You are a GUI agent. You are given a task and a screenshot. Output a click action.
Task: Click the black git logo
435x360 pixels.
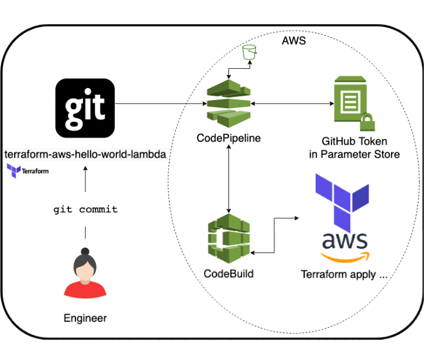click(85, 108)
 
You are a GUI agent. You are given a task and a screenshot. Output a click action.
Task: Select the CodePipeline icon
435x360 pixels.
click(228, 105)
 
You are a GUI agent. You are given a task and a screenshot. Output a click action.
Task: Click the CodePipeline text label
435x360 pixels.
click(229, 138)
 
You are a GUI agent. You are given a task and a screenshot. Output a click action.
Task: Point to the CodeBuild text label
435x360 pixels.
click(228, 274)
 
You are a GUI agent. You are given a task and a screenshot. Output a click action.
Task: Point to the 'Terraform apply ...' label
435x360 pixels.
click(344, 274)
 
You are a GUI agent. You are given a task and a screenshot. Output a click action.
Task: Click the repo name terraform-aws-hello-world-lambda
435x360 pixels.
click(85, 154)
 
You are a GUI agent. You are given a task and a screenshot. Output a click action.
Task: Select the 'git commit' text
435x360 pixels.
click(85, 209)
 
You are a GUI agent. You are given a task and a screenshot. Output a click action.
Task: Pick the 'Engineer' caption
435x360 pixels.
click(85, 318)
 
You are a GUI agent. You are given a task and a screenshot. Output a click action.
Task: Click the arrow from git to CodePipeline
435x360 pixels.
click(159, 104)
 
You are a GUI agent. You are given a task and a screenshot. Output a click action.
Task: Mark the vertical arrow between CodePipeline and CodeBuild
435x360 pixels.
click(228, 176)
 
